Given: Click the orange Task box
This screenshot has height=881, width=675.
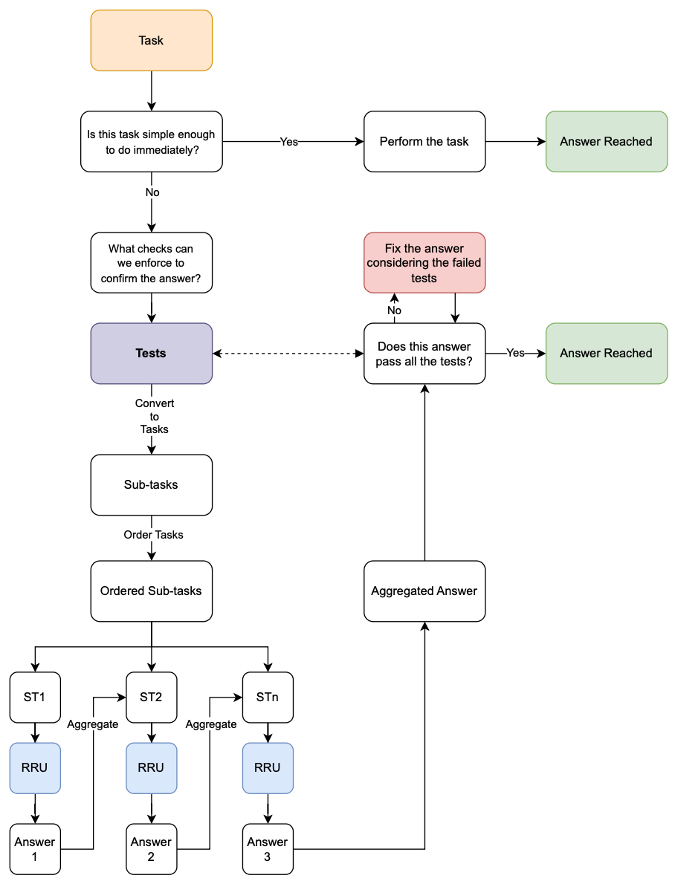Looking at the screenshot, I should (152, 41).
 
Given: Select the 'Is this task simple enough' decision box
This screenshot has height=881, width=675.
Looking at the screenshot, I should (152, 142).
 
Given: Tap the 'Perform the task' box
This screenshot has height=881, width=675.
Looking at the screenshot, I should (424, 142).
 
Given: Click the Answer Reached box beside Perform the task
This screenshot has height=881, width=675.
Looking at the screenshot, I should (607, 142).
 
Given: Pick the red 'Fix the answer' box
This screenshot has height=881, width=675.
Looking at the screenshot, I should (424, 263).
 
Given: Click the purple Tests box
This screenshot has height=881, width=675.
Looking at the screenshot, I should (152, 354).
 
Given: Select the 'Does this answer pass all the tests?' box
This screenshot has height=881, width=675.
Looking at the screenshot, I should (424, 354).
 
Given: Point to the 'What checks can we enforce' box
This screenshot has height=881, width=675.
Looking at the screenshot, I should (152, 263).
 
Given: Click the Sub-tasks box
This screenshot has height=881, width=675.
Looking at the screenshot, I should (152, 485).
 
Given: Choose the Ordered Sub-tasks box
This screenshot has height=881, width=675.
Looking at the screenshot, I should (152, 591).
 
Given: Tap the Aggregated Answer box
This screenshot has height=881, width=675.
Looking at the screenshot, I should (424, 591).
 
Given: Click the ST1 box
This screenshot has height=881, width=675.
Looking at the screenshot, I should (35, 698).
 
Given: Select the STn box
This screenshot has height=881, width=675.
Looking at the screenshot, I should (268, 698).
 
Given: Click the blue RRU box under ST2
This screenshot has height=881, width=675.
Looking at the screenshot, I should (152, 768).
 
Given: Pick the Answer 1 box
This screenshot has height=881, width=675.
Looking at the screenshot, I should (35, 849).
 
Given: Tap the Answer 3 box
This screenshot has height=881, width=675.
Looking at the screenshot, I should (268, 849).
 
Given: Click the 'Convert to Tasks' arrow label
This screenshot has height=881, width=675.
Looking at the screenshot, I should (155, 417).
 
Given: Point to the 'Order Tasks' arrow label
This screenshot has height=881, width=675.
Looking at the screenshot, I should (154, 535).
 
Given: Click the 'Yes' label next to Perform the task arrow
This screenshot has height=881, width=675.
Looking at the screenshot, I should (289, 142).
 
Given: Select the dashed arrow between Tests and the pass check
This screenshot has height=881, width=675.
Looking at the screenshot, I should (288, 354).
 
